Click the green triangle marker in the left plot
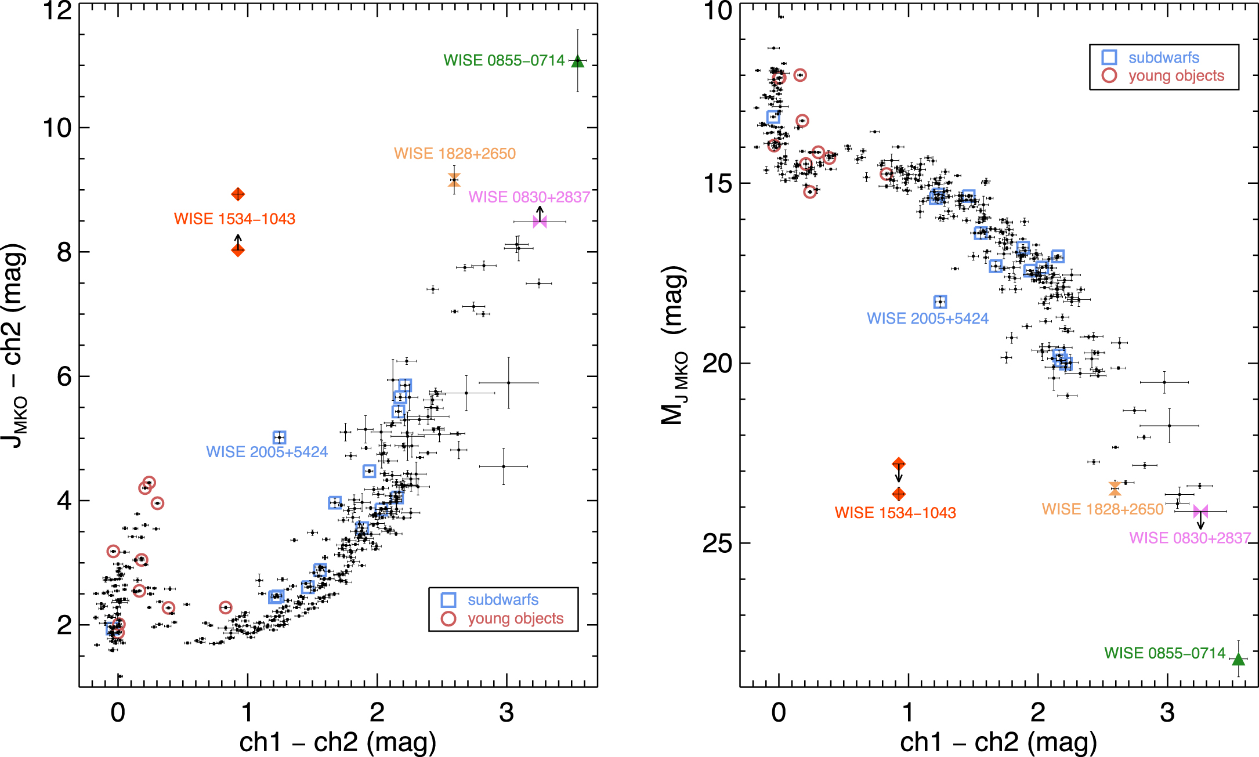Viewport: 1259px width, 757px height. click(577, 61)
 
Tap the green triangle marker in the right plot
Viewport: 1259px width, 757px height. click(1238, 660)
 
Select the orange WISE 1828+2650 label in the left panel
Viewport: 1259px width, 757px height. click(454, 154)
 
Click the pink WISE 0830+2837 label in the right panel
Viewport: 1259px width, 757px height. click(1189, 538)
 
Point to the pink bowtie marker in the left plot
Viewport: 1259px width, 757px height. click(540, 222)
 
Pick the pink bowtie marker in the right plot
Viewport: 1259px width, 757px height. click(1200, 512)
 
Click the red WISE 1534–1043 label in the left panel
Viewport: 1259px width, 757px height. click(234, 219)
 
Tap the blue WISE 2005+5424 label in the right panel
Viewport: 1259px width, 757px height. click(927, 318)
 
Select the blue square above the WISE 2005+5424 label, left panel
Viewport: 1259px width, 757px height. click(279, 437)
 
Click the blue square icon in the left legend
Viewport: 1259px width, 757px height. click(448, 600)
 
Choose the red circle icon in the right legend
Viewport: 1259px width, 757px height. click(1109, 75)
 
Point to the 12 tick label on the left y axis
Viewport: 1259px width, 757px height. click(57, 10)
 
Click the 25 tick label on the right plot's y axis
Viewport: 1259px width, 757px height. click(718, 543)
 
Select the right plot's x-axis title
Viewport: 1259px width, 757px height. click(998, 742)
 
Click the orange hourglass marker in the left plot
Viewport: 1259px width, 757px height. click(454, 180)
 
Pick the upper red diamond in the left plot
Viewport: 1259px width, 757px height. click(237, 194)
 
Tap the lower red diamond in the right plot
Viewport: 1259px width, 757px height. click(899, 494)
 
